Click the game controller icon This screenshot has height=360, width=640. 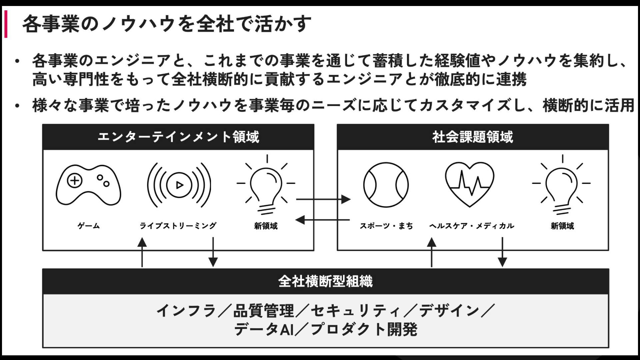click(88, 185)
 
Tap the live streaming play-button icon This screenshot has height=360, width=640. click(179, 185)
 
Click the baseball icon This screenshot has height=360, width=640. click(386, 185)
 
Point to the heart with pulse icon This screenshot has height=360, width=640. click(470, 184)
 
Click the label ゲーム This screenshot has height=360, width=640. click(89, 226)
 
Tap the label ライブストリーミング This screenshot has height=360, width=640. click(178, 226)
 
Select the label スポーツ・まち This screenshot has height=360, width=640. click(386, 226)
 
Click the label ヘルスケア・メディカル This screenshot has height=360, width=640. click(472, 226)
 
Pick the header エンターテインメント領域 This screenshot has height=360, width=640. click(178, 137)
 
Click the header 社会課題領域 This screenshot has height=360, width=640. click(473, 137)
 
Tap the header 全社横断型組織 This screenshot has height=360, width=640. click(325, 281)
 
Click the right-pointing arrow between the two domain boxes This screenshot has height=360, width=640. click(323, 199)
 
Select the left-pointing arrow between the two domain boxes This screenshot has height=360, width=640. click(322, 220)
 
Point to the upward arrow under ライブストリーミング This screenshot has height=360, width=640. click(142, 252)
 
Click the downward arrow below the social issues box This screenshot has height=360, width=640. click(502, 252)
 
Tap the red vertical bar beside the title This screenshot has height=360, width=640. click(6, 24)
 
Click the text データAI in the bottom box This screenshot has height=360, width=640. click(264, 330)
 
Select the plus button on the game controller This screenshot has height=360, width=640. click(75, 181)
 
